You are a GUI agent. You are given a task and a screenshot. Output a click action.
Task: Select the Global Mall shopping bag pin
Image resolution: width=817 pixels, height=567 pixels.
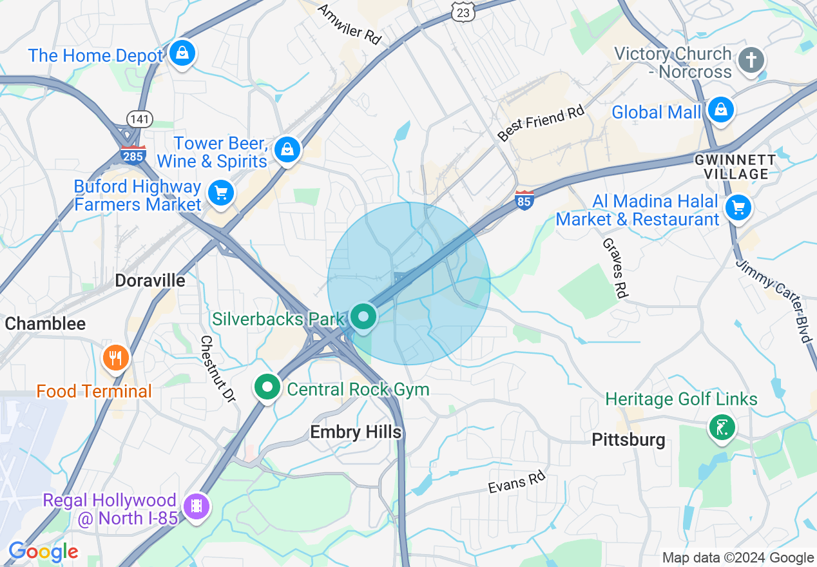(x=720, y=110)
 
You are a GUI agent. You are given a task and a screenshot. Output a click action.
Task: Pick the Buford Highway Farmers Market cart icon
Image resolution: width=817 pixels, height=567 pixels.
(x=221, y=192)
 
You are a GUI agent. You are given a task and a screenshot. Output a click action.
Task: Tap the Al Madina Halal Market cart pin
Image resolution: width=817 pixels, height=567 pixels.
(x=738, y=207)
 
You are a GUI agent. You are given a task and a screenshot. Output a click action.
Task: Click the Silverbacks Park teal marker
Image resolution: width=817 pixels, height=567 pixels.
(x=364, y=317)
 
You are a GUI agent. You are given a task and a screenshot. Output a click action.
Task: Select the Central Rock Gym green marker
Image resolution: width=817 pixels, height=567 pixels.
(x=267, y=387)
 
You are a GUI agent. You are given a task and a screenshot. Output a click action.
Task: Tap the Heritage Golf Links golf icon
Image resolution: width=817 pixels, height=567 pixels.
(x=722, y=428)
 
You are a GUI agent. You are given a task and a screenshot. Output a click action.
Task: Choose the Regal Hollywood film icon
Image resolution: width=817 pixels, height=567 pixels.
(x=197, y=505)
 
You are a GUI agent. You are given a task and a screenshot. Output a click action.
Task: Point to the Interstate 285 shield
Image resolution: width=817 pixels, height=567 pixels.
(x=133, y=155)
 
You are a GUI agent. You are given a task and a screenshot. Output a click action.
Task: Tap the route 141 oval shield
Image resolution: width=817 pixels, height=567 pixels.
(x=140, y=119)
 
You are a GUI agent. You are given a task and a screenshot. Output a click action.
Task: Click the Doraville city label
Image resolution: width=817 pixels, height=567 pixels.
(x=150, y=280)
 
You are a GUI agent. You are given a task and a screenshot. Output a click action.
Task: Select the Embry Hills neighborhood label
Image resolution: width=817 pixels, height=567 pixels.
(x=356, y=432)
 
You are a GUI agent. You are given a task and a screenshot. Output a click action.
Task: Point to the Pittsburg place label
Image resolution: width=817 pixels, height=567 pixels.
(x=628, y=440)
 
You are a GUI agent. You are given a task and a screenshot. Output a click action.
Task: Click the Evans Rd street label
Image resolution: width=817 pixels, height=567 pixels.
(x=516, y=483)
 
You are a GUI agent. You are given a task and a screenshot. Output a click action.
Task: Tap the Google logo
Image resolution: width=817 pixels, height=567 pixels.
(x=43, y=552)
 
